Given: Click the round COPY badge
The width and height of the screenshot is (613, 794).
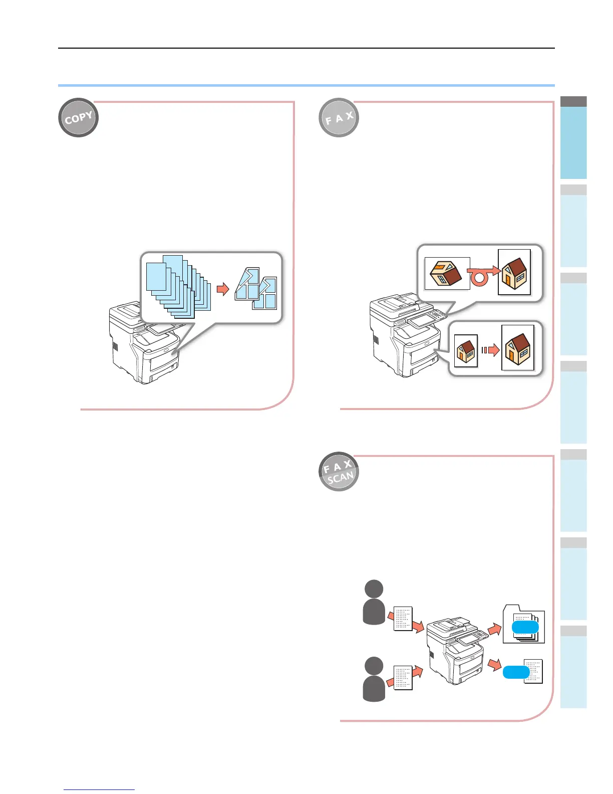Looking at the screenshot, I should pos(79,118).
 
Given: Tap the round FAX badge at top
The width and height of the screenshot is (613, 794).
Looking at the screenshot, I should pos(339,118).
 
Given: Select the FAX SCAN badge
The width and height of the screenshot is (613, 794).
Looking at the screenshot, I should pos(339,472).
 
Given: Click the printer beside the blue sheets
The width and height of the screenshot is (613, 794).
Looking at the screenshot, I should pos(143,346).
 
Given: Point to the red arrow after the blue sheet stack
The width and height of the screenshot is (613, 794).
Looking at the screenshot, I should pos(222,289).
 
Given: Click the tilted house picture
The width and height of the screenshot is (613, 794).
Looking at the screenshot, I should pos(447,274).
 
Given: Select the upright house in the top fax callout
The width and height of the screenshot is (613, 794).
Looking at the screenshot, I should pos(514,273).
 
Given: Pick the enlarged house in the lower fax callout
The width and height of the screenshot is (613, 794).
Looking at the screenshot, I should pos(518,348).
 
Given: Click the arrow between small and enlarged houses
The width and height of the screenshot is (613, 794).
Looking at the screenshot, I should pos(491,350).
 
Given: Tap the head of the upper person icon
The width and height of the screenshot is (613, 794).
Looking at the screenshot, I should pos(374,588).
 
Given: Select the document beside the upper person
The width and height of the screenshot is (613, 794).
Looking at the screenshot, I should pos(403,618).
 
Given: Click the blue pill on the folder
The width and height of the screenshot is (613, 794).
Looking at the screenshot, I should pos(525,628).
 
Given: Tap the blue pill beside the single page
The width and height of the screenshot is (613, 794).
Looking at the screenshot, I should pos(516,672).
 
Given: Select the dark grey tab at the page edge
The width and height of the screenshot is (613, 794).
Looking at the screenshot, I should pos(573,101).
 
